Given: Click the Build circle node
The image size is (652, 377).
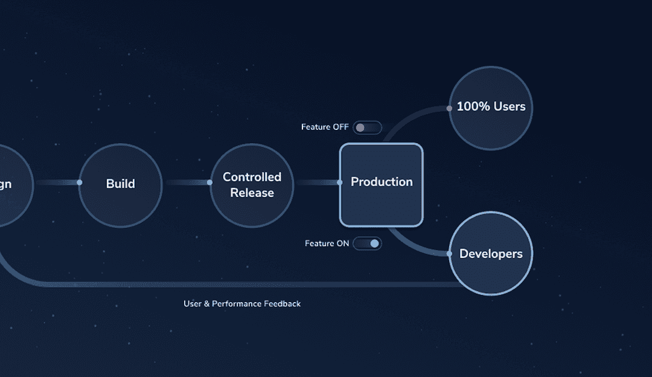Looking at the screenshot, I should pos(121,185).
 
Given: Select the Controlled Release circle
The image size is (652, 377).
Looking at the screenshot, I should pos(252,185).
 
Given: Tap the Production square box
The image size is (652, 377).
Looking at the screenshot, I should pos(382,184).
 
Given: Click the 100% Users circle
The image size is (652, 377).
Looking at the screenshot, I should pos(491,108).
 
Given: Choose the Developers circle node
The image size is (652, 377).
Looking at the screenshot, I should pos(491,254).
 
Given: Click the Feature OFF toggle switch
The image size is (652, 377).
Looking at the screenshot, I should pos(367,127).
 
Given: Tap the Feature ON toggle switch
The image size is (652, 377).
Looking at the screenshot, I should pos(367,243).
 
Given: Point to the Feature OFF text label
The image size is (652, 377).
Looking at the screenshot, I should pos(325,127).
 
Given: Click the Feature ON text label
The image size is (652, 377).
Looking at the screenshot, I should pos(327,243).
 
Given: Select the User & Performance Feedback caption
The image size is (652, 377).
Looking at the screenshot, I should pos(241,304).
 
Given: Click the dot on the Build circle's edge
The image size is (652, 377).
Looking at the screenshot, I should pos(79,182).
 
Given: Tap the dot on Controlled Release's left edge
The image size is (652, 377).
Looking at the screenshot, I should pos(209,182).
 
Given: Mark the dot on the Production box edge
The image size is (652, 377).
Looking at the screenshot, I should pos(340,182).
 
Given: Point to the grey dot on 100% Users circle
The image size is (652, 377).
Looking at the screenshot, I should pos(449,109).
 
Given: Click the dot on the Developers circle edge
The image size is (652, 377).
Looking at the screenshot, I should pos(449,254).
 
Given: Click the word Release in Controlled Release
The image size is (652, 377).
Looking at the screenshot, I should pos(252,193).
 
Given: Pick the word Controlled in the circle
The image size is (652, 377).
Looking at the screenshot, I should pos(252,177).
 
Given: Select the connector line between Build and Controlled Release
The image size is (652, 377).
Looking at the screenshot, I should pos(186,182).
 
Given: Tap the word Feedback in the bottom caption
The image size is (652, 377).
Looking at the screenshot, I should pos(282,304).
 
